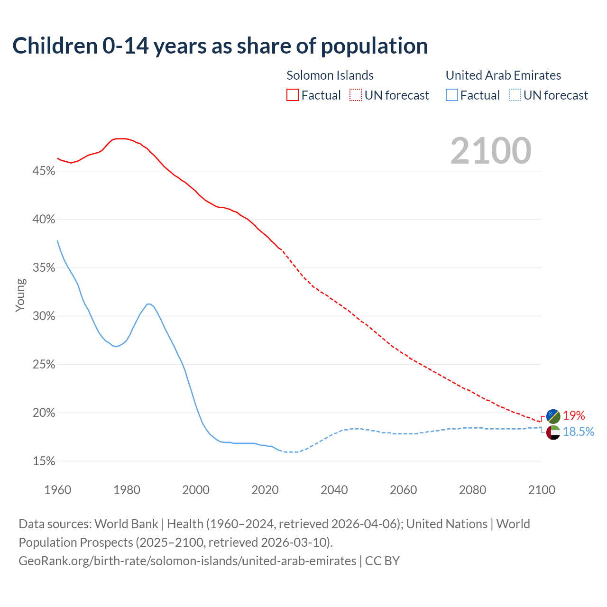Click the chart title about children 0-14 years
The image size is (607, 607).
point(220,46)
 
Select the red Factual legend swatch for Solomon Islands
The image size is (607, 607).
point(293,95)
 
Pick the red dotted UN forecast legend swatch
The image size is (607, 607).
point(356,95)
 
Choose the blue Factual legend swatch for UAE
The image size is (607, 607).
point(452,95)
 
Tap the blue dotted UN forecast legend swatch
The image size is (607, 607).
point(515,95)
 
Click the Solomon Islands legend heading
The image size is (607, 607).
point(330,75)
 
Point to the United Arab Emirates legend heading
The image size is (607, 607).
point(503,75)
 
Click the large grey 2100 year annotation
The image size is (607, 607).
point(491,151)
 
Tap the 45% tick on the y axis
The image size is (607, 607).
point(44,171)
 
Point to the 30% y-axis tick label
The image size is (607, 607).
point(44,316)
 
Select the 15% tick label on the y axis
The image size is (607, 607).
point(44,461)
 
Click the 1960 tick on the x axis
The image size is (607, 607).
point(57,490)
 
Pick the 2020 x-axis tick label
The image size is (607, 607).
point(265,490)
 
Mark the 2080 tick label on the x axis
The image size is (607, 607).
point(472,490)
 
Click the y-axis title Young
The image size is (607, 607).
point(20,295)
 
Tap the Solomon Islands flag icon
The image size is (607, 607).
point(553,416)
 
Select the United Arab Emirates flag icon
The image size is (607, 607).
point(553,432)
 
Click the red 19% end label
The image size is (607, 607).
point(574,416)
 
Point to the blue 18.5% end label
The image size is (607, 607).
point(579,432)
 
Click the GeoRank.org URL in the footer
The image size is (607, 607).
point(187,561)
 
